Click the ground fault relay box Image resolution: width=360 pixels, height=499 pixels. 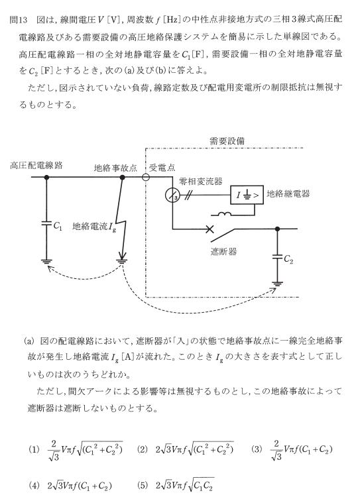click(247, 195)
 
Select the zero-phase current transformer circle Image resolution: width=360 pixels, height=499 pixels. click(172, 195)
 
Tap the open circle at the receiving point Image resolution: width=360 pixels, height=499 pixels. click(145, 177)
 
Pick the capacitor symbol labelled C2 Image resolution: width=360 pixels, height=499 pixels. click(277, 256)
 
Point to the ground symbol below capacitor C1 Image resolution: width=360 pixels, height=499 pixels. click(46, 262)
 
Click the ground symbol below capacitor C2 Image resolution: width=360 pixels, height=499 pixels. click(278, 284)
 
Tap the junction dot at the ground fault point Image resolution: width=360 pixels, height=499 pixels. click(122, 177)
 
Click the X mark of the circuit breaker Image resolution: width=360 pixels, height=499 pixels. click(210, 229)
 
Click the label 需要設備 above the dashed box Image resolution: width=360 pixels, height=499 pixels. click(227, 141)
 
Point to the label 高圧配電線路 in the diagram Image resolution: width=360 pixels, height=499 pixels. click(36, 166)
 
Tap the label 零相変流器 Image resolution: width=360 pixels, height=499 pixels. click(200, 182)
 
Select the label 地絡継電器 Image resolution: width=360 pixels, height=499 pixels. click(288, 194)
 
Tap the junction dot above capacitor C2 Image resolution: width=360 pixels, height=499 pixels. click(277, 229)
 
